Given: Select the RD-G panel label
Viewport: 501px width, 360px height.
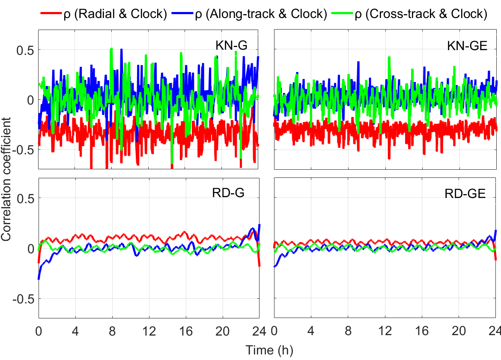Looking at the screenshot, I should pos(228,193).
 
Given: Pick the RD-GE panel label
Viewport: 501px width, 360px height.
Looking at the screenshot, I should pos(465,194).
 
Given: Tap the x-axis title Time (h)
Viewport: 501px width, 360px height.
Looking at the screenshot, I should pos(269,350).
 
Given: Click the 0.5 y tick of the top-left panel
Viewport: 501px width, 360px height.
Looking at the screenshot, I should pos(25,50).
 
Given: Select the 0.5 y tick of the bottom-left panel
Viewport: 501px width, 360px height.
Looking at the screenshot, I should pos(25,198).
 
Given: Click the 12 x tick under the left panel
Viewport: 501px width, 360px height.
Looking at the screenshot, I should pos(149,331).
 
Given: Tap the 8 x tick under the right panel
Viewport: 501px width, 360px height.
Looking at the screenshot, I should pos(347,331).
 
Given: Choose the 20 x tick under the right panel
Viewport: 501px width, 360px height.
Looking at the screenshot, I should pos(459,331).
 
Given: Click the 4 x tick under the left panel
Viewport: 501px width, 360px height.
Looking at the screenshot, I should pos(75,331).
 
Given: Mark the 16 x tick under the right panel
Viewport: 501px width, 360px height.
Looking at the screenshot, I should pos(422,331).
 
